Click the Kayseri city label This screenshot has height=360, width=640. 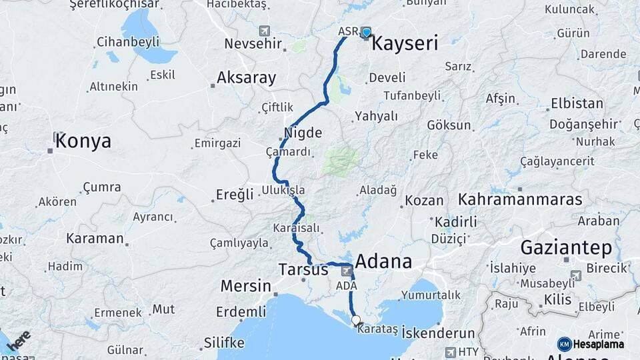click(404, 45)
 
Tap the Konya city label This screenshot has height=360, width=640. click(83, 141)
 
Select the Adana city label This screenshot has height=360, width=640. click(383, 260)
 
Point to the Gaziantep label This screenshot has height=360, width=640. click(566, 248)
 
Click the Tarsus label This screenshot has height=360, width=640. click(303, 269)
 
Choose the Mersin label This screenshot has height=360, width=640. click(245, 286)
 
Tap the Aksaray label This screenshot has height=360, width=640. click(246, 78)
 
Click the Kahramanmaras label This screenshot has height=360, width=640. click(520, 199)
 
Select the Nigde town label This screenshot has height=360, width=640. click(303, 131)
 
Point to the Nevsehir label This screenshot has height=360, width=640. click(249, 43)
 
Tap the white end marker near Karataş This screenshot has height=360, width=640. click(356, 319)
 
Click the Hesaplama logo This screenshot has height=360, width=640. click(591, 344)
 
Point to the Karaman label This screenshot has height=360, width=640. click(95, 238)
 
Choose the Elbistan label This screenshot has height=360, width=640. click(577, 104)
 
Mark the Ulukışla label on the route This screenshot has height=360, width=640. click(283, 190)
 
